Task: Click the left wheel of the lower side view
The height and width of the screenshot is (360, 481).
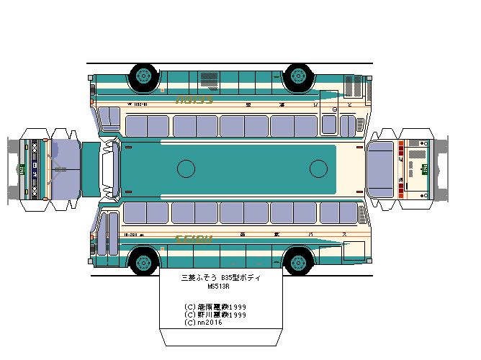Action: pos(143,261)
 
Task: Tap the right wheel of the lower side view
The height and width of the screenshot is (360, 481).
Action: pos(298,261)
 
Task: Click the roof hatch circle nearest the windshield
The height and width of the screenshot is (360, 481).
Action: pos(186,169)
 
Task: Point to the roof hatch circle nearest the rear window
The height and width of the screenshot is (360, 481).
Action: pos(318,169)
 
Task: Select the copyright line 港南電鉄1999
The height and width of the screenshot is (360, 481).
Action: pos(216,307)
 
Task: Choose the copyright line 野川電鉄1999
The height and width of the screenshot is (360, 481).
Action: pos(216,315)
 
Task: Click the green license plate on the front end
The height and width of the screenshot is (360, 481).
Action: pos(22,170)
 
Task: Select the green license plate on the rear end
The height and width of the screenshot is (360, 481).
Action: pos(425,170)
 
